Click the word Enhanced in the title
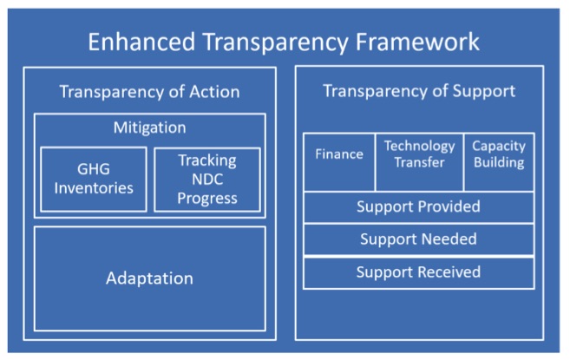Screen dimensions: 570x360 [x=141, y=42]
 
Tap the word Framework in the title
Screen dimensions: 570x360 [x=417, y=42]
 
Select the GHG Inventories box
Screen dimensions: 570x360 [x=94, y=179]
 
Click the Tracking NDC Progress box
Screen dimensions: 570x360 [x=207, y=179]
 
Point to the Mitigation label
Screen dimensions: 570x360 [x=150, y=128]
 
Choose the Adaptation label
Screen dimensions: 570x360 [x=150, y=278]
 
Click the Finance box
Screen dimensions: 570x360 [x=339, y=162]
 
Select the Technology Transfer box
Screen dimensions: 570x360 [x=420, y=162]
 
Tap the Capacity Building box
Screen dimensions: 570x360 [x=499, y=162]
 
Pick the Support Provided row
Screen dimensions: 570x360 [x=419, y=207]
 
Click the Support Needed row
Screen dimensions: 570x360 [x=419, y=239]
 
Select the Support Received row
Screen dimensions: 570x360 [x=419, y=272]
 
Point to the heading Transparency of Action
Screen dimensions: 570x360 [x=150, y=92]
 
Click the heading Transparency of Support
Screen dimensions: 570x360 [x=419, y=91]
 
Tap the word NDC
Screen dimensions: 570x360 [x=207, y=180]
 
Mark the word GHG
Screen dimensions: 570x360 [x=94, y=169]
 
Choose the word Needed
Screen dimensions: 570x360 [x=449, y=239]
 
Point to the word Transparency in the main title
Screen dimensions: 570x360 [x=275, y=43]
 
